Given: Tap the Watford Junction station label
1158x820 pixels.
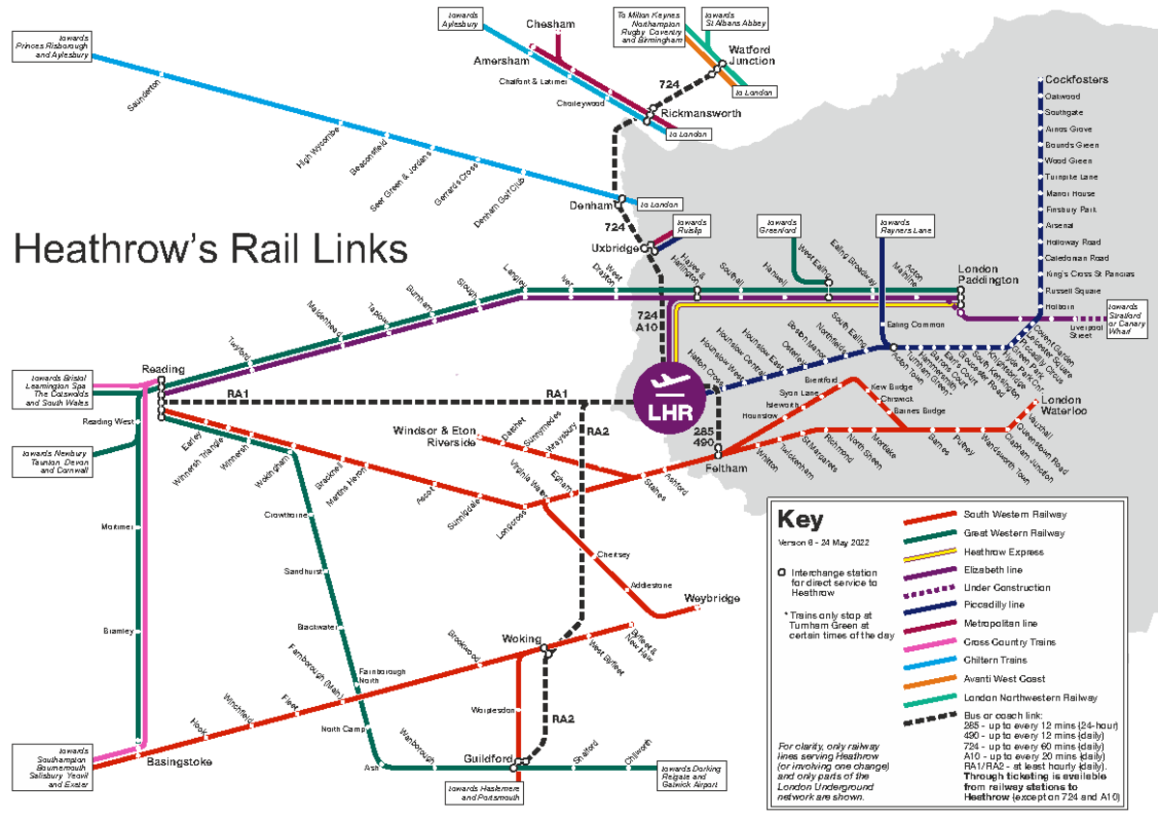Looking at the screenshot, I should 751,54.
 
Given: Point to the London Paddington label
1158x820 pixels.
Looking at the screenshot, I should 987,273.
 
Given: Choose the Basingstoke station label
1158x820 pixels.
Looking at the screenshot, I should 179,762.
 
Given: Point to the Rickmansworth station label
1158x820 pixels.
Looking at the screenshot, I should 702,113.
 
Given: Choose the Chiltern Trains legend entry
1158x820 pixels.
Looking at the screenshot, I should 997,660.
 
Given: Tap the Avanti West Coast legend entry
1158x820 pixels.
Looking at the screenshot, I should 1004,678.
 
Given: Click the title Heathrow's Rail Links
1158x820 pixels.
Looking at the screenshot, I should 209,250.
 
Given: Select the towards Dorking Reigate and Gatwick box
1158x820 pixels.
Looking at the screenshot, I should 691,776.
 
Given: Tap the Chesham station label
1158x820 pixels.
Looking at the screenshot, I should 550,24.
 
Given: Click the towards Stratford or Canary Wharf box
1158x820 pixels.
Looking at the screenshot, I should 1125,318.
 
